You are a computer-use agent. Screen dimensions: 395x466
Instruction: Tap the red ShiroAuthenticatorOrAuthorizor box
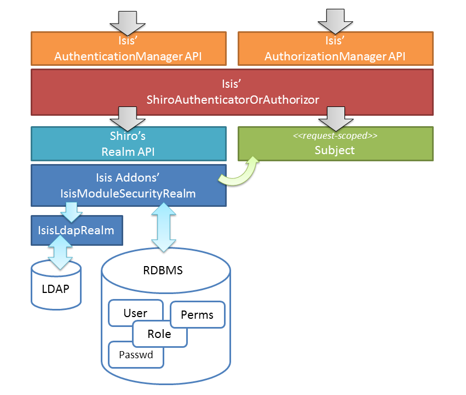tap(232, 92)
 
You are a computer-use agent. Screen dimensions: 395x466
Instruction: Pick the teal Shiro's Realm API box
tap(128, 144)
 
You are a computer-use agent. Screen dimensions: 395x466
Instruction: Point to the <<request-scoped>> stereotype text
tap(335, 135)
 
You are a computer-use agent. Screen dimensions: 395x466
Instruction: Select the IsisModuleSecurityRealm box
tap(128, 185)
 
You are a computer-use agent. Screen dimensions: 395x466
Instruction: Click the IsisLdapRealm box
tap(76, 230)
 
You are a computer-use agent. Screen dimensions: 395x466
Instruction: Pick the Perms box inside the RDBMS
tap(197, 315)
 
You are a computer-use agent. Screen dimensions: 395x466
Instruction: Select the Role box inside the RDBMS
tap(159, 334)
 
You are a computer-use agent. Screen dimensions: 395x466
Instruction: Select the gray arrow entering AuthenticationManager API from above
tap(127, 20)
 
